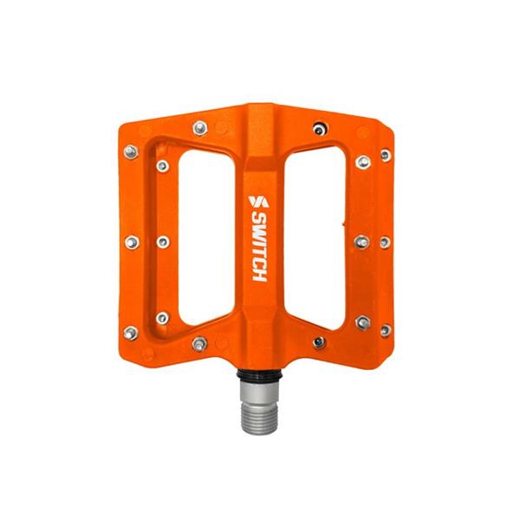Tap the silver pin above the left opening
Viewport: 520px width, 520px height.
pos(200,129)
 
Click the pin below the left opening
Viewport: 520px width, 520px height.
pos(199,342)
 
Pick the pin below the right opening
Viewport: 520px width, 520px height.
pos(319,342)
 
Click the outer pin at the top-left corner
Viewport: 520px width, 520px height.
pos(131,153)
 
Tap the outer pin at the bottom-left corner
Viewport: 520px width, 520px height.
pos(131,331)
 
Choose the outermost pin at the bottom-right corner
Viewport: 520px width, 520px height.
pos(385,330)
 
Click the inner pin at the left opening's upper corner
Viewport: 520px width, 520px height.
pos(162,166)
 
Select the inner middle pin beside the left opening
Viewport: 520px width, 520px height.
pos(162,242)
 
